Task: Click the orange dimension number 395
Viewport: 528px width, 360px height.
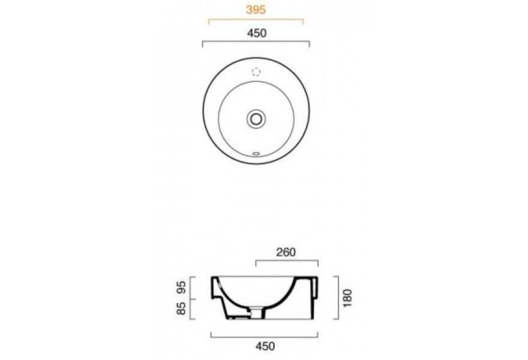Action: point(256,10)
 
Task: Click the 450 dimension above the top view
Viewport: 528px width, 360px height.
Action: point(257,33)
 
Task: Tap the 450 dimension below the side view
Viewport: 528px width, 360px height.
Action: point(265,346)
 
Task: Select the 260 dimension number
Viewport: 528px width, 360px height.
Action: point(286,252)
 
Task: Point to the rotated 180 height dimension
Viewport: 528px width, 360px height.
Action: point(347,298)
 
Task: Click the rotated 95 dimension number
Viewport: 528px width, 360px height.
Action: point(181,287)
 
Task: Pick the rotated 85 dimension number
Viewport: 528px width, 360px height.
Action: point(181,308)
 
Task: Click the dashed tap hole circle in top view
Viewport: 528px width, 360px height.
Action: point(256,72)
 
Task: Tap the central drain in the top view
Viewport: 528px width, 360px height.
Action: point(256,119)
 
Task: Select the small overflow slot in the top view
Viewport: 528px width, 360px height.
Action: point(256,154)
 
